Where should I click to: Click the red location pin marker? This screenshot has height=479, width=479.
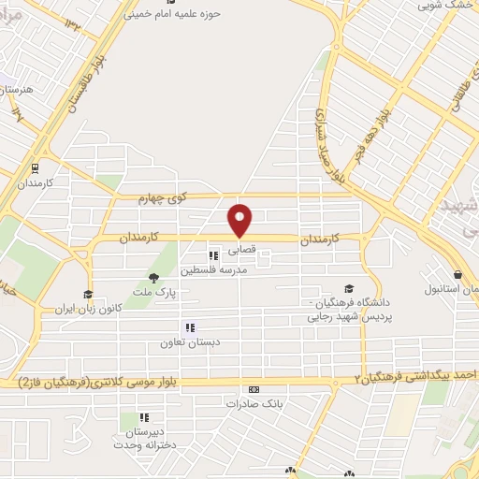click(241, 219)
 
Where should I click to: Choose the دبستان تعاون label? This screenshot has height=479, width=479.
click(189, 343)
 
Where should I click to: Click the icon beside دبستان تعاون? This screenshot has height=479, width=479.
click(189, 327)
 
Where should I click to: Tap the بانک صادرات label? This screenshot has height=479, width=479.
click(252, 404)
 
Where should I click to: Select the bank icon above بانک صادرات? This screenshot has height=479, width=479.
click(252, 389)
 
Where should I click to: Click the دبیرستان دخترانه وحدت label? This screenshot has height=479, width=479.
click(144, 439)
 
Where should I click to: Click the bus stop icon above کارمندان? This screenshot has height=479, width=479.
click(36, 169)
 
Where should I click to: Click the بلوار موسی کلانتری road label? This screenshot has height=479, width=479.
click(103, 383)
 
